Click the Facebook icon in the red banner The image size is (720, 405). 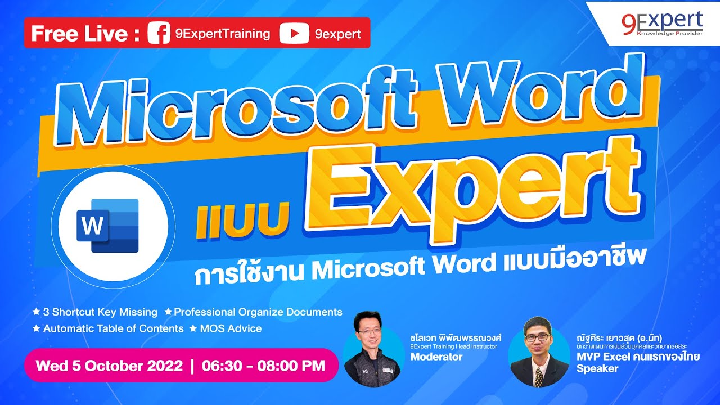pos(158,34)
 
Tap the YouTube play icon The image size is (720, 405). pos(293,34)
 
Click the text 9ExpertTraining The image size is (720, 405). pos(223,34)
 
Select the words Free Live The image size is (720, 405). pos(79,34)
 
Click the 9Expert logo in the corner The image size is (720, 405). pos(662,23)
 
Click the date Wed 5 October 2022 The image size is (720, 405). pos(109,366)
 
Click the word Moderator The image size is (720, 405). pos(436,357)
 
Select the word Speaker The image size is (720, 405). pos(597,369)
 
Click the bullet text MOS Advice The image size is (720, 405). pos(231,328)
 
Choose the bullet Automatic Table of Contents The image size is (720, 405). pos(113,328)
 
